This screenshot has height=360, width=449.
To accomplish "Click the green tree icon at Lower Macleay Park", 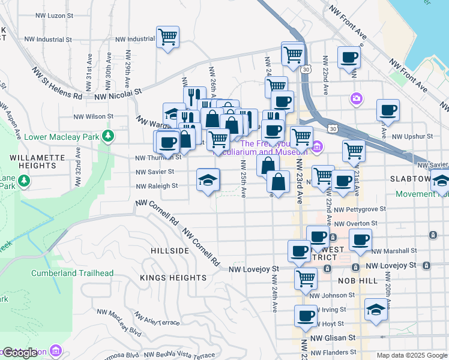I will pos(107,136).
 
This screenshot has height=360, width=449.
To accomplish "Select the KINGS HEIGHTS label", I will pos(173,278).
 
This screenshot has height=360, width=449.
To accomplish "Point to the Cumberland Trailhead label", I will pos(72,273).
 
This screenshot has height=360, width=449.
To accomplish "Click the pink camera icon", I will pos(357,98).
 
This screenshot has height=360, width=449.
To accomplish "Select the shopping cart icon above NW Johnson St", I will pos(306,278).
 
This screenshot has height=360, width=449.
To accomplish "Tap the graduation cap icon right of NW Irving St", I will pos(376,310).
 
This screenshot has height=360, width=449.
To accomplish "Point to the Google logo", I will pos(20,353).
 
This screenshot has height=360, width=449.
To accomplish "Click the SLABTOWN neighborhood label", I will pos(410,179).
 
